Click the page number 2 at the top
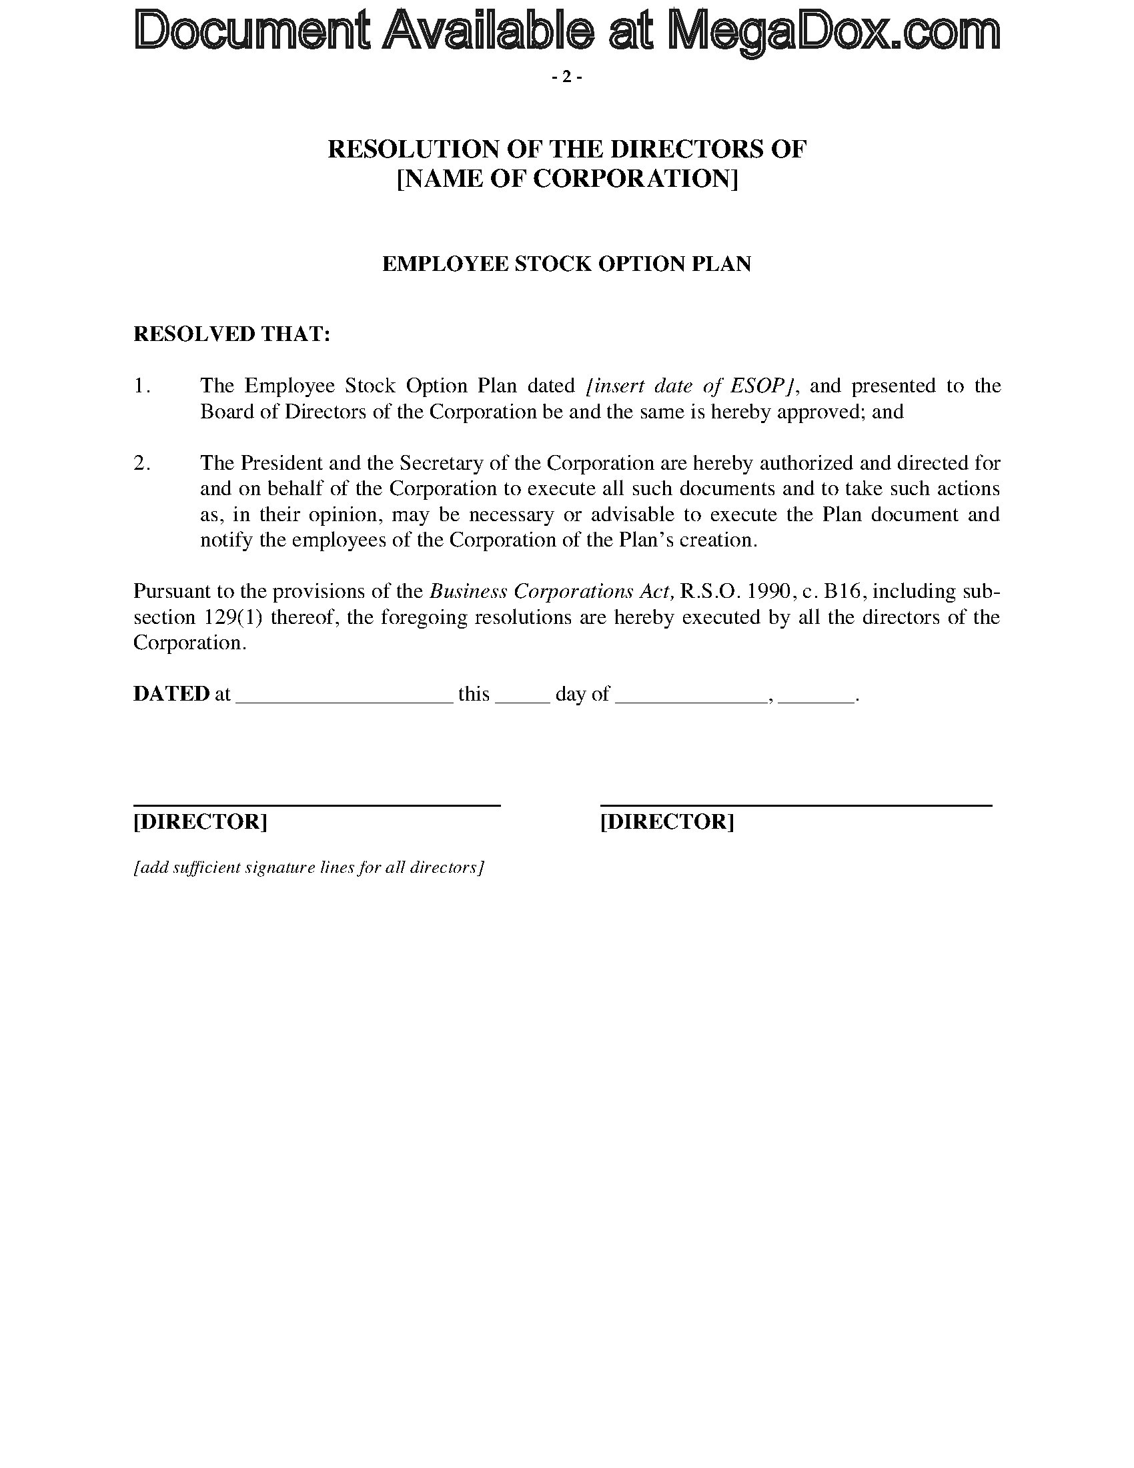566,78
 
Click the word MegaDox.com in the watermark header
835,32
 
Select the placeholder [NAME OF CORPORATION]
567,179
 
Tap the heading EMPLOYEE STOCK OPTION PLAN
566,264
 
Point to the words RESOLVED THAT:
231,334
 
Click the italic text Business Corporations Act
552,591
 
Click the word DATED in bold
171,694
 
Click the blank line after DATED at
346,699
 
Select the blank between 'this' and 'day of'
523,699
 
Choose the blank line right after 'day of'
691,699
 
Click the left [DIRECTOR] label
200,821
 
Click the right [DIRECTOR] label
666,821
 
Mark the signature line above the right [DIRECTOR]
795,805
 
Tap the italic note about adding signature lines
308,867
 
